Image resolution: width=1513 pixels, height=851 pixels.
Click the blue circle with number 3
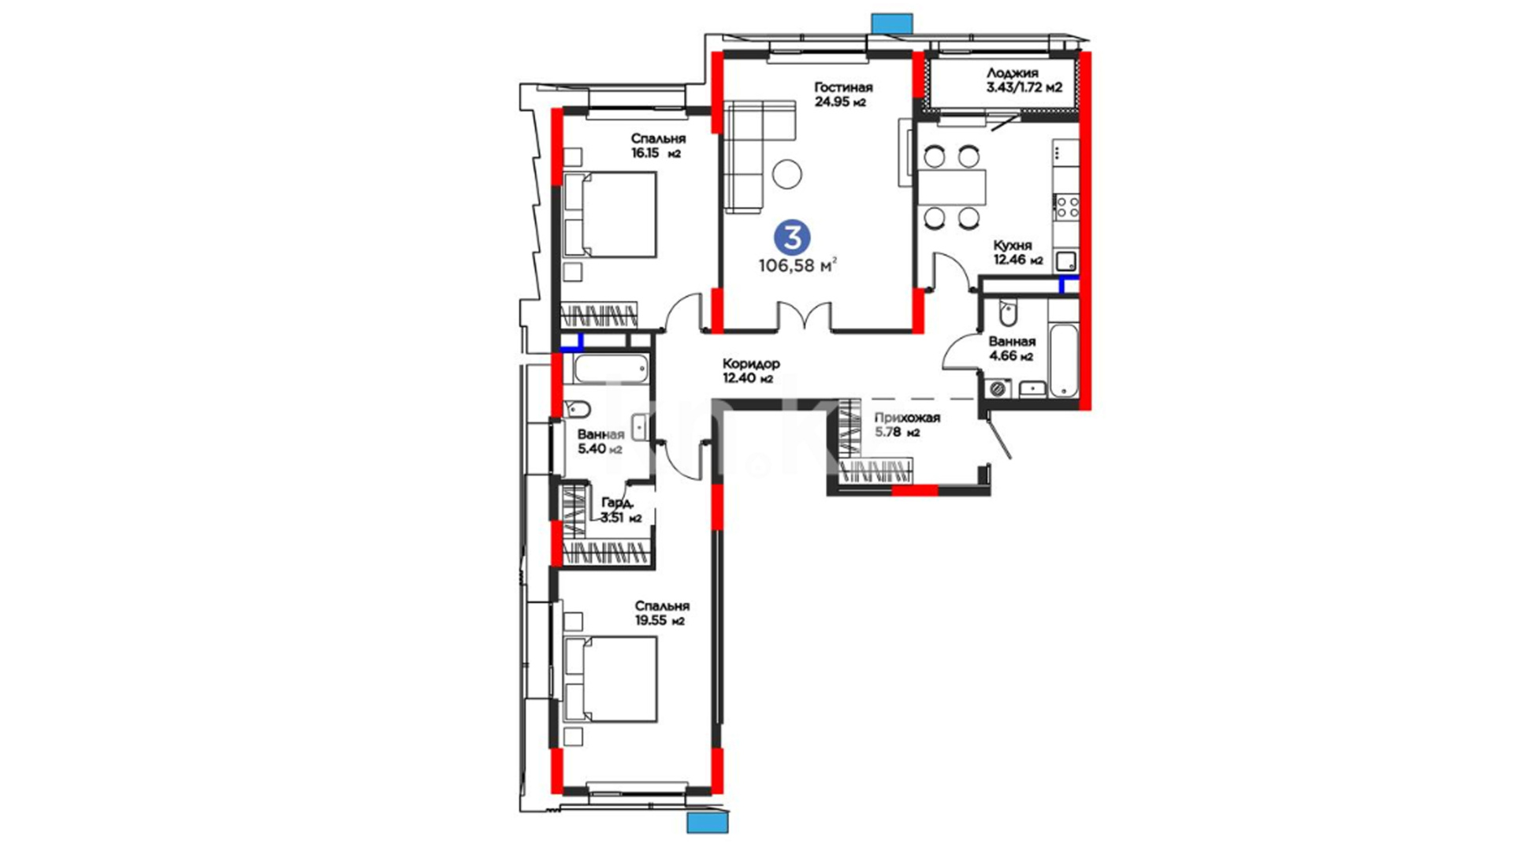click(x=792, y=237)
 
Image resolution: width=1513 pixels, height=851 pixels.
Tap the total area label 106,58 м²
click(x=797, y=266)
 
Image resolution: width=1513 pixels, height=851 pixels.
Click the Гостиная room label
click(x=843, y=87)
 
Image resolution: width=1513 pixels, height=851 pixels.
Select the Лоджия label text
click(x=1013, y=73)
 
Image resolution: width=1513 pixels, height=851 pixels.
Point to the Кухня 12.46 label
click(x=1018, y=252)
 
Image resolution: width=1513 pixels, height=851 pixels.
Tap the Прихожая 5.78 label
click(x=907, y=425)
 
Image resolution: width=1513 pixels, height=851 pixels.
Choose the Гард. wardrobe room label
click(x=617, y=503)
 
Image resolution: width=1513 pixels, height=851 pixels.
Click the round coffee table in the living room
click(x=787, y=173)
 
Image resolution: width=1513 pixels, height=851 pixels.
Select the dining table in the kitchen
click(x=952, y=187)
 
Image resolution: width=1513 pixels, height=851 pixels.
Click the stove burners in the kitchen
click(x=1067, y=208)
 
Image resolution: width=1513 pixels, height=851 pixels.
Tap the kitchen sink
click(x=1066, y=261)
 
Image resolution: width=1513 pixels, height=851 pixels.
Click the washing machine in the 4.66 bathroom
click(x=998, y=388)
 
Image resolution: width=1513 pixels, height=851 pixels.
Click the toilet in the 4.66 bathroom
click(x=1008, y=313)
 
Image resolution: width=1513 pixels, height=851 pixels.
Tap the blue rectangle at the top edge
click(x=892, y=23)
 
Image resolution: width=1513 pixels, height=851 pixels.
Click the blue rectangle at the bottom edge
click(x=708, y=823)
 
